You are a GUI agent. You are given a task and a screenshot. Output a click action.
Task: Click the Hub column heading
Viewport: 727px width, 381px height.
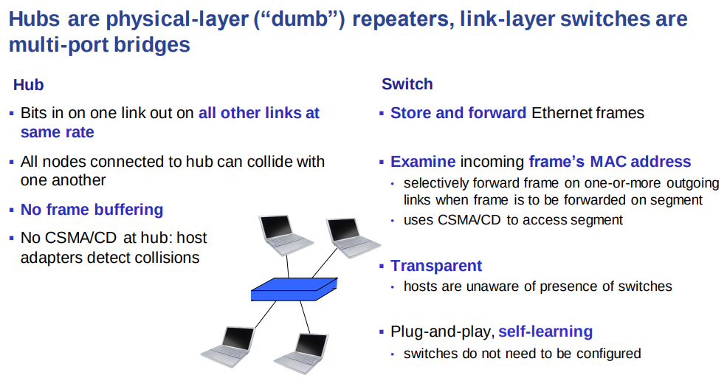click(28, 84)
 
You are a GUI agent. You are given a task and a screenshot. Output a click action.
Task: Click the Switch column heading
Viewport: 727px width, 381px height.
click(407, 84)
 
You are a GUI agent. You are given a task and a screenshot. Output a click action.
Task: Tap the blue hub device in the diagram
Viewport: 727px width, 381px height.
click(294, 289)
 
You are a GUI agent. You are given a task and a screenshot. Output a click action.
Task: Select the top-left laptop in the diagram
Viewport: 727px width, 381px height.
click(285, 235)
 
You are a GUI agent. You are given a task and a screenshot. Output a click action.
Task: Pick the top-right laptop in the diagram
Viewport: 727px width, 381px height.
click(352, 238)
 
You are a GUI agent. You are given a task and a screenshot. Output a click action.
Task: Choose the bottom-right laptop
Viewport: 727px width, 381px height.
click(303, 354)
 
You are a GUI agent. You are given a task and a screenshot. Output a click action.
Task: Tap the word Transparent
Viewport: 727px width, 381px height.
click(436, 266)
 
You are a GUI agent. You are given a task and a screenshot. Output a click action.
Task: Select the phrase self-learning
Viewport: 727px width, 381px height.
click(545, 332)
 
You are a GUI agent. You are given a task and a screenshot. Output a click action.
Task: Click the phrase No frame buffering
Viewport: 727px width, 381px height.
click(92, 209)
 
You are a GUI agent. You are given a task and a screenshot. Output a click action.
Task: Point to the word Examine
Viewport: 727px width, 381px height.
click(423, 162)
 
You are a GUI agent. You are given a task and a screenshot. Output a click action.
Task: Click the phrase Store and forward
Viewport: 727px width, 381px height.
click(458, 113)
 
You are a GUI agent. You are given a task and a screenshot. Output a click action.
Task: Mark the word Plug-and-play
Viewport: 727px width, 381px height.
click(442, 332)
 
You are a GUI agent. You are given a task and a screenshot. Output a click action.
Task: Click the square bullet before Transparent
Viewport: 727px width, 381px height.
click(382, 266)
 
